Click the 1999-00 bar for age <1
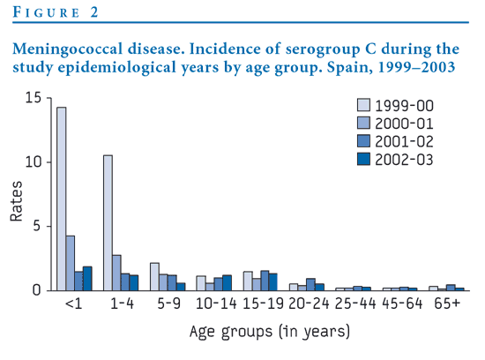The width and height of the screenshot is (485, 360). [x=61, y=199]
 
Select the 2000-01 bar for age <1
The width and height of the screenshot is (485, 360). [x=71, y=263]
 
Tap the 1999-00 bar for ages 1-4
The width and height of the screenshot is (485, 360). [x=108, y=223]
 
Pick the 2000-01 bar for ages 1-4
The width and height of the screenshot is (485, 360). [x=116, y=273]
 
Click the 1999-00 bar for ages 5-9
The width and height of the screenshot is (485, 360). [x=154, y=277]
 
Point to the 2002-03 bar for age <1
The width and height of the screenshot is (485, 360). [x=87, y=279]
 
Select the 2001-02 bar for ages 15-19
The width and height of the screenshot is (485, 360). [x=265, y=281]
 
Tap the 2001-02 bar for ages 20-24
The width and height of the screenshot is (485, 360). [x=311, y=284]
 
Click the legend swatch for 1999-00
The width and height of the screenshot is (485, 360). [x=363, y=105]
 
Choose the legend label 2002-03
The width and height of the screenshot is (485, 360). [x=404, y=160]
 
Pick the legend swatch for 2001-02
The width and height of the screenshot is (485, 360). [x=363, y=141]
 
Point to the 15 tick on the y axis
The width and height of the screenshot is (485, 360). [x=48, y=98]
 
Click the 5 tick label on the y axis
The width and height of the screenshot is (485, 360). [x=37, y=226]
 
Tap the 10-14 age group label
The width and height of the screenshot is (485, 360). [x=216, y=304]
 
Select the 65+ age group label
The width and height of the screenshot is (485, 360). [x=447, y=304]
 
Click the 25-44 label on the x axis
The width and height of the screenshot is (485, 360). [x=355, y=304]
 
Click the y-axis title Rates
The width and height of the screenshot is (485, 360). [x=17, y=201]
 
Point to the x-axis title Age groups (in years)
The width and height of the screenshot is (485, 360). [x=270, y=332]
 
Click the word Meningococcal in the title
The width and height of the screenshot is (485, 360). [x=68, y=49]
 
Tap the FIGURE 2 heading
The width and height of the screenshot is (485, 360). [x=56, y=12]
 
